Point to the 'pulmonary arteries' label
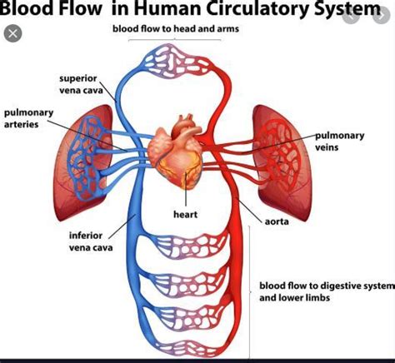29,117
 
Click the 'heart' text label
185,214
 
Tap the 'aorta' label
277,221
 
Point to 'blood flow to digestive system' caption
325,285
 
